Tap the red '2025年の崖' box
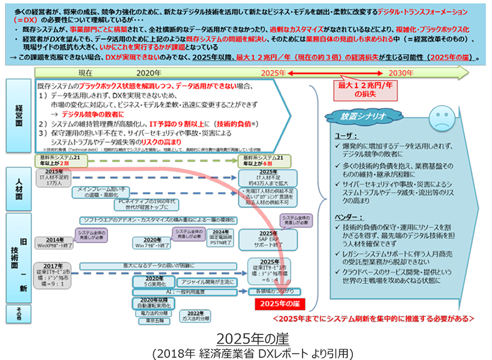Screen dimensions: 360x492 coord(277,304)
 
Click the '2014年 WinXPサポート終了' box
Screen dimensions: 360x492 coord(55,242)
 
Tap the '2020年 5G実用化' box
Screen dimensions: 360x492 coord(154,281)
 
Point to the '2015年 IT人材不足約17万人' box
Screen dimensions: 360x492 coord(54,177)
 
